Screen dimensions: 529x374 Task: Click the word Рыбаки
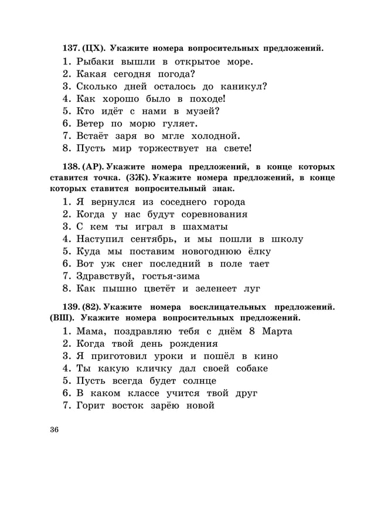96,62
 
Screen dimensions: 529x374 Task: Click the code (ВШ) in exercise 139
61,318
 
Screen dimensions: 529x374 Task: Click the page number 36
55,429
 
